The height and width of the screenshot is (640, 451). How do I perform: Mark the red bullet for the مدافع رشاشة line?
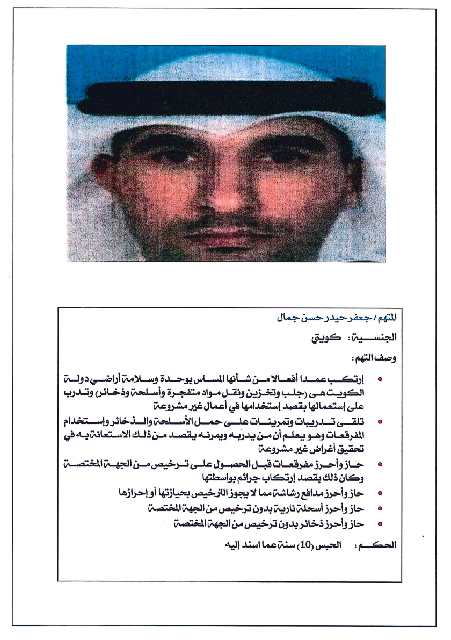point(380,493)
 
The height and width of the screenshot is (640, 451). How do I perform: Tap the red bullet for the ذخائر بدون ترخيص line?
point(380,523)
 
